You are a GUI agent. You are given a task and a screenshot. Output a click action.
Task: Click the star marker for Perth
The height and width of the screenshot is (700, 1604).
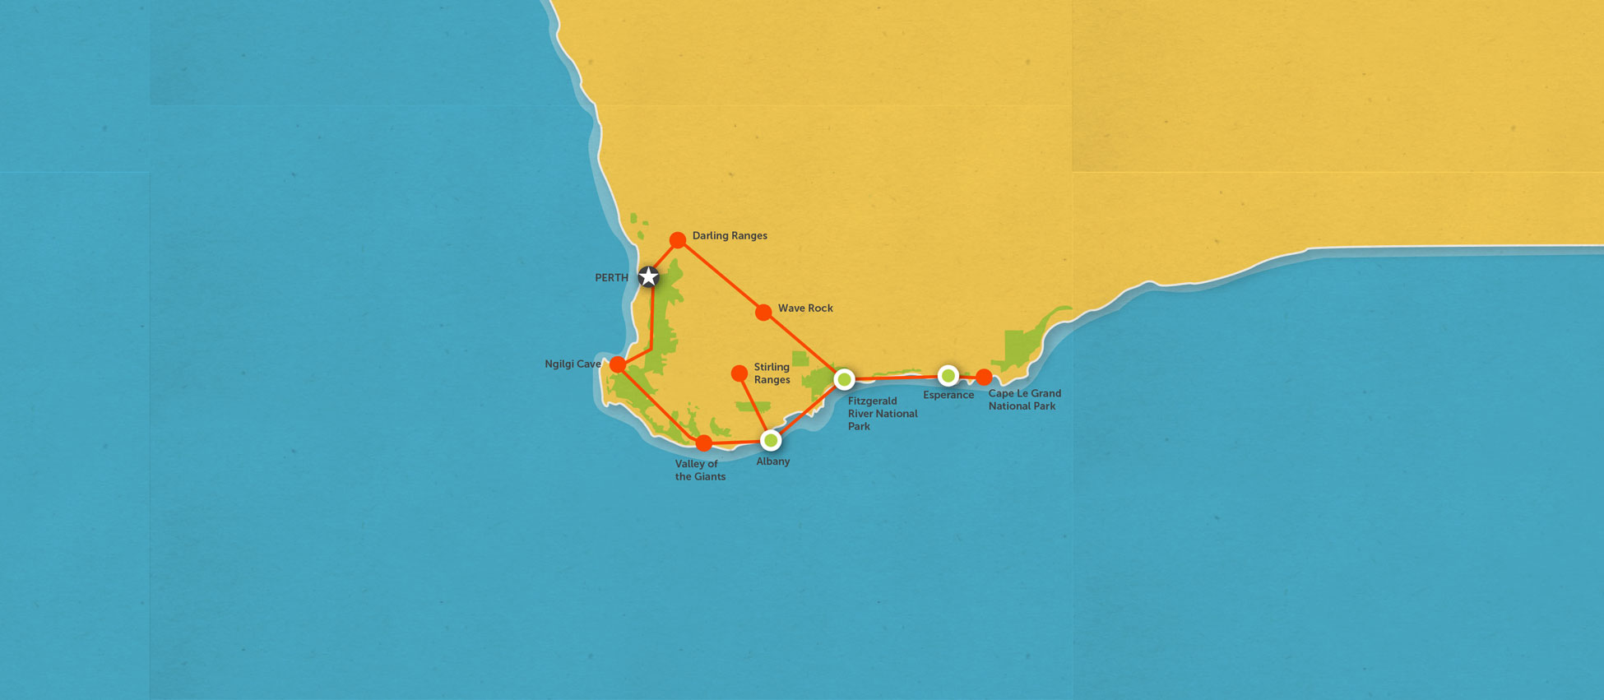(x=649, y=276)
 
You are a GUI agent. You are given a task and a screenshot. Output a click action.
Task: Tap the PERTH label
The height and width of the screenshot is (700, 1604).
(x=611, y=278)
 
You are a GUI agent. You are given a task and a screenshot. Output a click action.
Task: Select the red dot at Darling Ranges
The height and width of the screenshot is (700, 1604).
(x=677, y=240)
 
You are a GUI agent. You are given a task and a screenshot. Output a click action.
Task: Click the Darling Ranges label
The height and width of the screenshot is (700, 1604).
(x=730, y=236)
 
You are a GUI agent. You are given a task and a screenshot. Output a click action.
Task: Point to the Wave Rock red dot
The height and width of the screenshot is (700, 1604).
(x=763, y=313)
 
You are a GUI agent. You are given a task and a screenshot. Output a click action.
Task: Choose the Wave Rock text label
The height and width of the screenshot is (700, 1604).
(x=805, y=308)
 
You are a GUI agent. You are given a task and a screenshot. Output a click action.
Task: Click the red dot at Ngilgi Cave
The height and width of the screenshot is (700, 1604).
(x=618, y=364)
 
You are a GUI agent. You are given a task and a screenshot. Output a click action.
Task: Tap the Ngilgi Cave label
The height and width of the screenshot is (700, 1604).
(x=573, y=364)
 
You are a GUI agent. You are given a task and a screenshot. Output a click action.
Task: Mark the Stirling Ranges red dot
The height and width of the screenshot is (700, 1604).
(x=739, y=373)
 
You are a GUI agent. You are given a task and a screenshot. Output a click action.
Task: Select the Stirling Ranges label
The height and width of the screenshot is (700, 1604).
(x=772, y=373)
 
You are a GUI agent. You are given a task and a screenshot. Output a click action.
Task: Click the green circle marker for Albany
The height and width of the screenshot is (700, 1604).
(x=771, y=441)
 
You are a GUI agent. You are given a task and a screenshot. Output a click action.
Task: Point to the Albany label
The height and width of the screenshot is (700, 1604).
(x=772, y=461)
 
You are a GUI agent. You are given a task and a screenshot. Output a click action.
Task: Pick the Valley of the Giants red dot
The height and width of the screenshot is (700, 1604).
(x=704, y=443)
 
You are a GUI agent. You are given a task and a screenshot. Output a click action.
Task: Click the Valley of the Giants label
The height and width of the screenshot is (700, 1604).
(x=700, y=471)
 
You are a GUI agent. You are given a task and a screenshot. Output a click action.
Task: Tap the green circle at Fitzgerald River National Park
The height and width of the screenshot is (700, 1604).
(x=844, y=379)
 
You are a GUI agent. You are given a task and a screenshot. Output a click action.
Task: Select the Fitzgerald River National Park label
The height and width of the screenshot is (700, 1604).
(x=882, y=414)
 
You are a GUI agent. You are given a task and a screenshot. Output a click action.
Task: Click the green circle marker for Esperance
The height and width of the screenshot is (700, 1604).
(x=948, y=376)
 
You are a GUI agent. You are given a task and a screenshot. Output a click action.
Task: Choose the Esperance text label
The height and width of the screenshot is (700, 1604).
(x=948, y=396)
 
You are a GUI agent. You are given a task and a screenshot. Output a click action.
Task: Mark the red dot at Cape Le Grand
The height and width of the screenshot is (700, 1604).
(x=984, y=378)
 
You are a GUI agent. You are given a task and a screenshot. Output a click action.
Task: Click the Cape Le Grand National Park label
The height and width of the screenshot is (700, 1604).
(x=1024, y=400)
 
